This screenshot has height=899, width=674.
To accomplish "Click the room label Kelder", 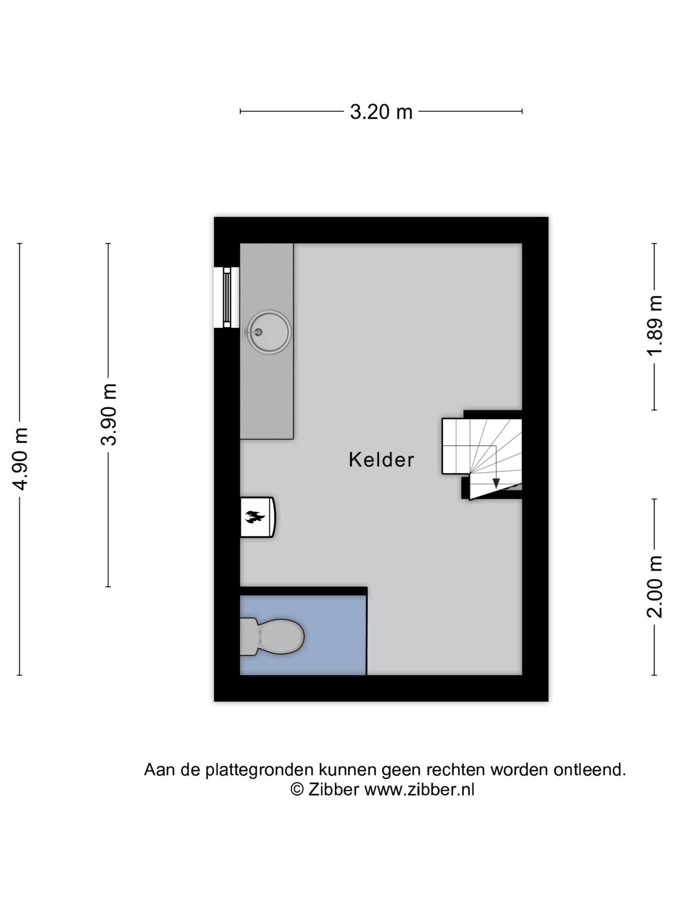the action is pos(381,460).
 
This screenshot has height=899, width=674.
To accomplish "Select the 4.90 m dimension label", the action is pos(20,459).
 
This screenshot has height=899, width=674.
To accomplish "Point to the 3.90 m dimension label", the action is pos(108,414).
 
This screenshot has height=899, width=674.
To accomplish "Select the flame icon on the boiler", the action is pos(255,517).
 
